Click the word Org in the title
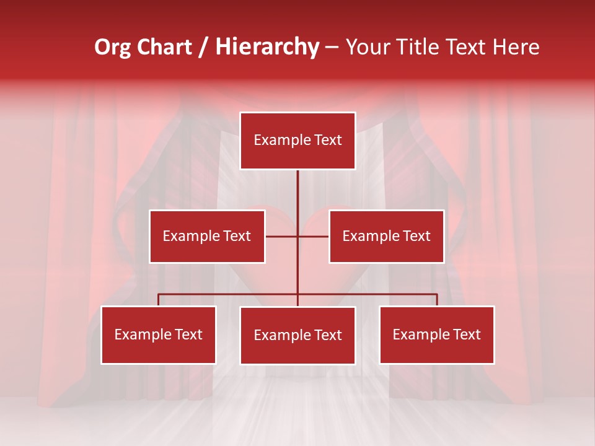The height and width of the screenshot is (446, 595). coord(113,47)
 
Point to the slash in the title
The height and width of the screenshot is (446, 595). coord(203,48)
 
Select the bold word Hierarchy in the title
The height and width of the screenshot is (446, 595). coord(267,47)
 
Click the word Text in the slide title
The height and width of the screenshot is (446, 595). coord(467,47)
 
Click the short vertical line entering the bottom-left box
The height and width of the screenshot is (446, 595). coord(159,300)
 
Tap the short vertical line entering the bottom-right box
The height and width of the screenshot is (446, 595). coord(437,300)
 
